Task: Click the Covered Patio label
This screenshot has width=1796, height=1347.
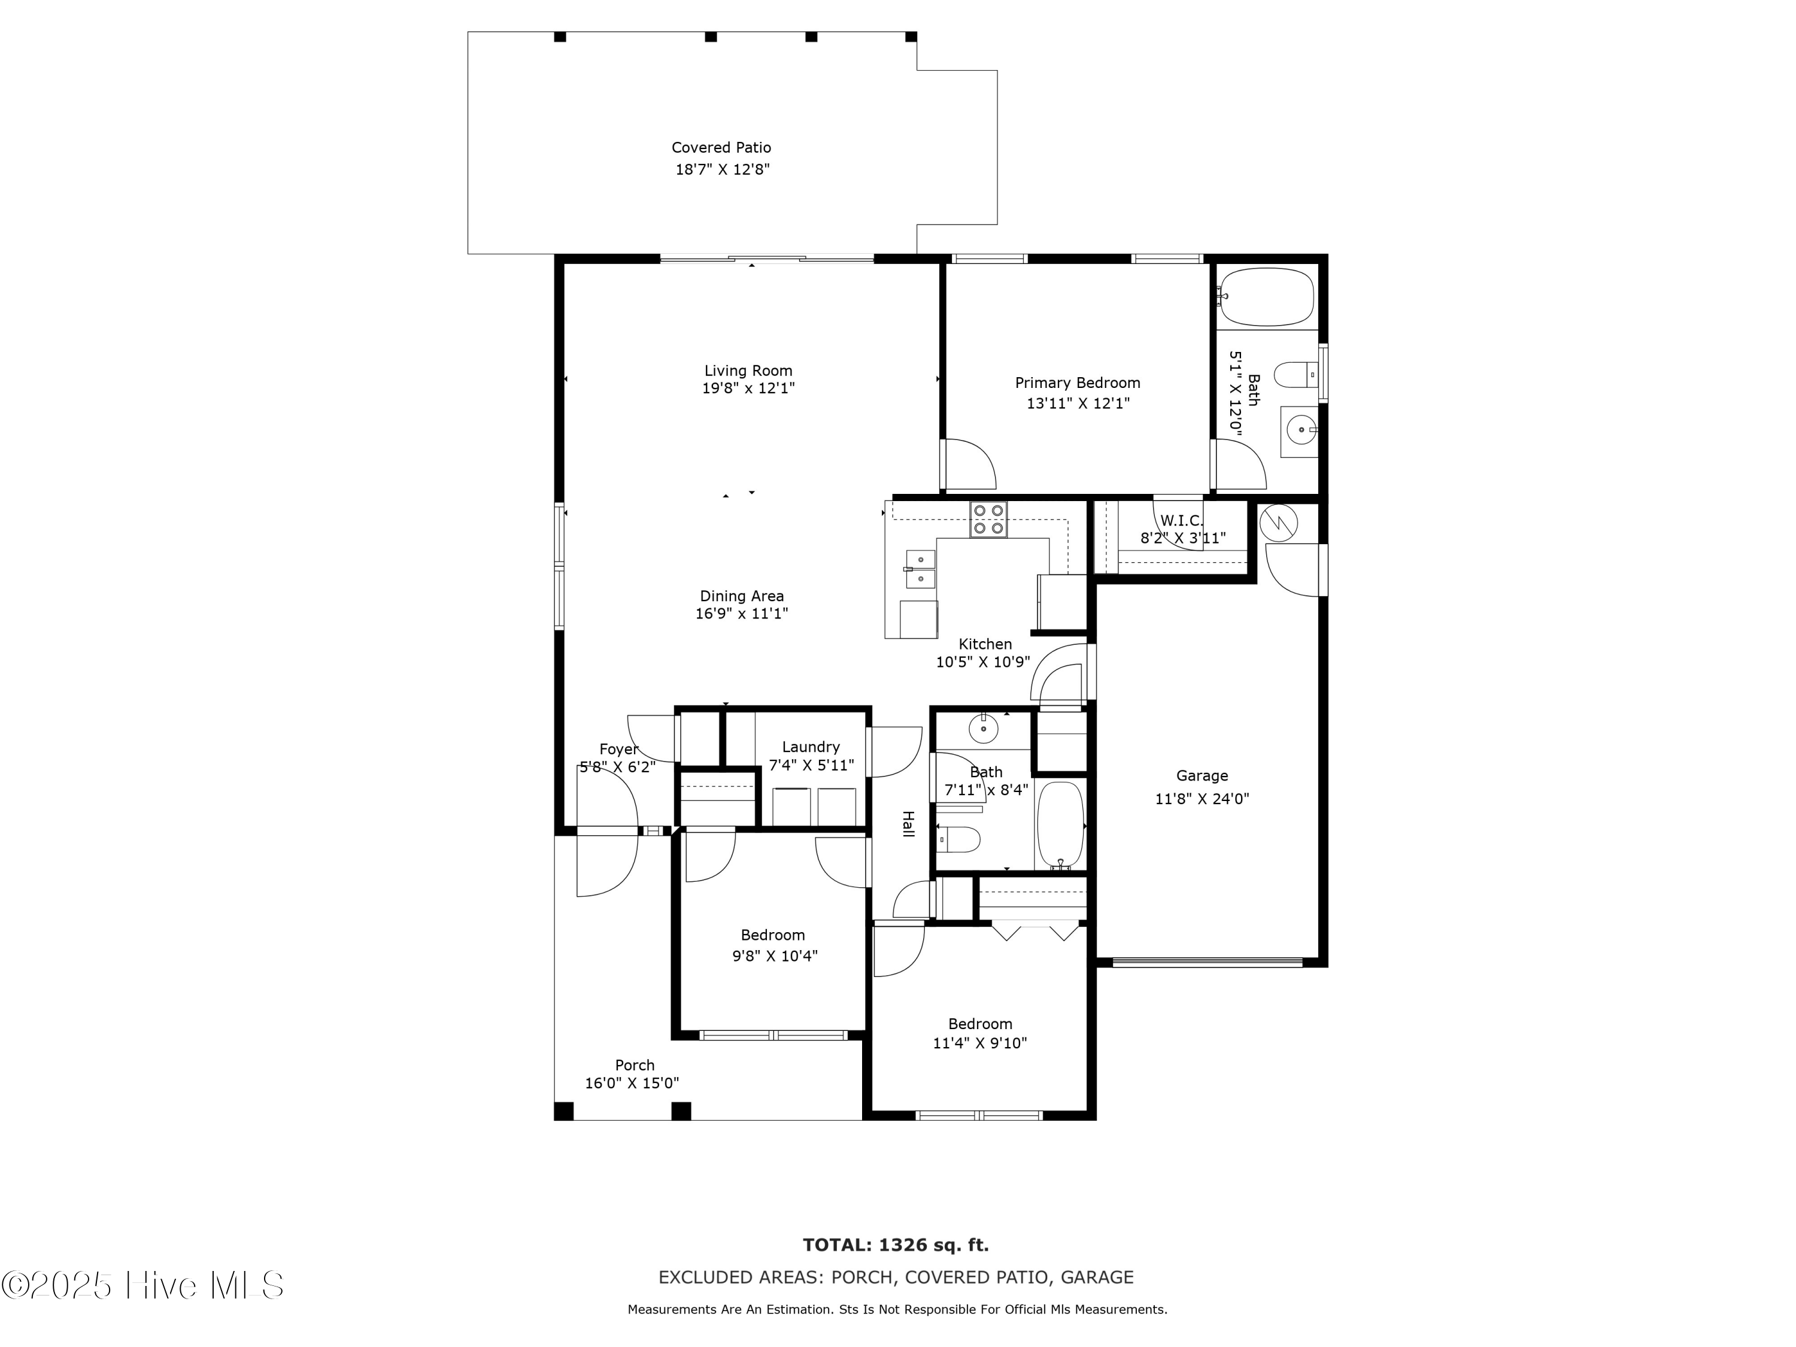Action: point(721,148)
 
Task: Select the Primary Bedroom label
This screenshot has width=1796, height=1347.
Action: point(1078,383)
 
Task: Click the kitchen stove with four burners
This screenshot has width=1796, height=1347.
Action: point(988,520)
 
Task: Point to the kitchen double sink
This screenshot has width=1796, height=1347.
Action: point(920,568)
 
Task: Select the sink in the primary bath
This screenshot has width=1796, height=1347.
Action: point(1300,429)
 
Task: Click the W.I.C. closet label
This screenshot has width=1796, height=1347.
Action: point(1181,520)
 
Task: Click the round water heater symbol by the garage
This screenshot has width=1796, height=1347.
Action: point(1278,524)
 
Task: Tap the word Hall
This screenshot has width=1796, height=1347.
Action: point(909,824)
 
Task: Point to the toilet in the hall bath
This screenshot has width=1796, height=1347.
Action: point(959,839)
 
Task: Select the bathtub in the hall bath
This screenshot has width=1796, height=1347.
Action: point(1060,824)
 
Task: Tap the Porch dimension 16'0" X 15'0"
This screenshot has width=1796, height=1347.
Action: point(632,1083)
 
